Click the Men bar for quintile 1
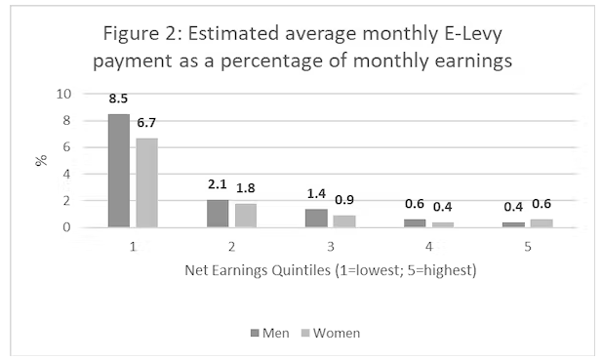(118, 171)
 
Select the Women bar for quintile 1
(146, 182)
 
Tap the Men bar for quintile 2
(217, 213)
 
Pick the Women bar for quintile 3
(343, 221)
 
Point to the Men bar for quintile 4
(414, 223)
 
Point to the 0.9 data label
(344, 200)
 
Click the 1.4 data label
(315, 193)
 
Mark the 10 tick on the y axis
(64, 95)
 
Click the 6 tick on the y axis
(68, 148)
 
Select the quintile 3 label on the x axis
(329, 247)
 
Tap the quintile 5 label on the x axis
(526, 247)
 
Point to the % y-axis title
(41, 160)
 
